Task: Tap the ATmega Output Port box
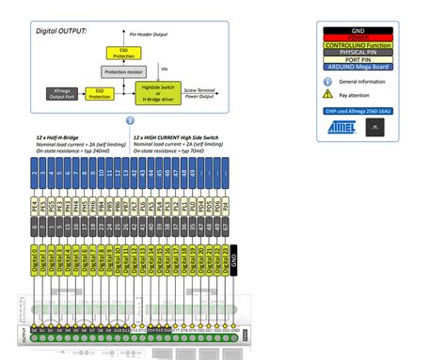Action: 63,94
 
